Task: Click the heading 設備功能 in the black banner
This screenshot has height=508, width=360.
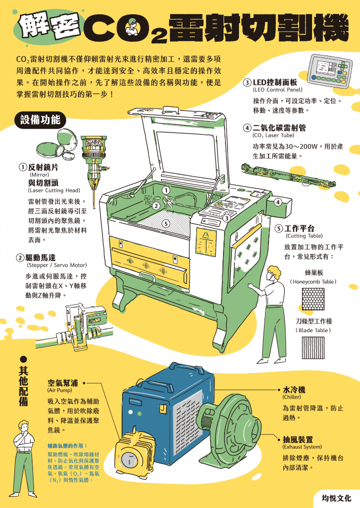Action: pyautogui.click(x=40, y=120)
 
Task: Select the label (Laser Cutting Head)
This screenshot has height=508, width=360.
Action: pyautogui.click(x=54, y=190)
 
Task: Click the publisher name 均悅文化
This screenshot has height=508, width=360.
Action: pyautogui.click(x=336, y=498)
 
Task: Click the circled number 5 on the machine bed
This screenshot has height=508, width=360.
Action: pyautogui.click(x=165, y=223)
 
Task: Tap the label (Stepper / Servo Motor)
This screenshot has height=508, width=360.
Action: pyautogui.click(x=56, y=265)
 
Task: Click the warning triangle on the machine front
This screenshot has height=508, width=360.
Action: pyautogui.click(x=205, y=233)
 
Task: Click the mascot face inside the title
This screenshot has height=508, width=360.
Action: pyautogui.click(x=131, y=24)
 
